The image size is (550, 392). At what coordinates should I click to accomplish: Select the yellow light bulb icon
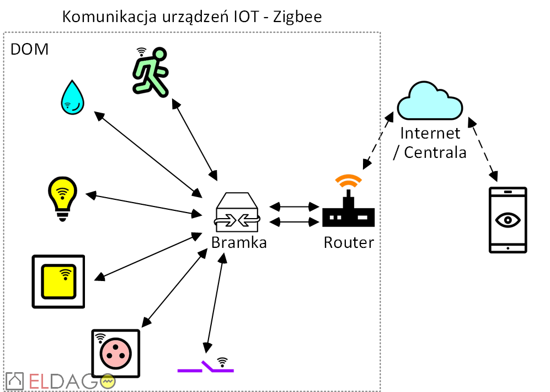62,198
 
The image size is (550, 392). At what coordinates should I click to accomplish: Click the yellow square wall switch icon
58,280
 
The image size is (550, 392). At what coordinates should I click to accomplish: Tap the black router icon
348,213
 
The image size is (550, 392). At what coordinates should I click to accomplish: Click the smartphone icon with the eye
508,220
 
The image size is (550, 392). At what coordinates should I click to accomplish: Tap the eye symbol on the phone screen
508,219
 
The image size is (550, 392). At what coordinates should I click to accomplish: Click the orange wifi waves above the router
349,181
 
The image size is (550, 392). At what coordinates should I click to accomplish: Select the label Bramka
239,242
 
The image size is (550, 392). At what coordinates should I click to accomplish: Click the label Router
349,242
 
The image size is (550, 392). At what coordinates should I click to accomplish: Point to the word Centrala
435,152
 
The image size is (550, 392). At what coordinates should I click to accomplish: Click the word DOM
30,50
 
